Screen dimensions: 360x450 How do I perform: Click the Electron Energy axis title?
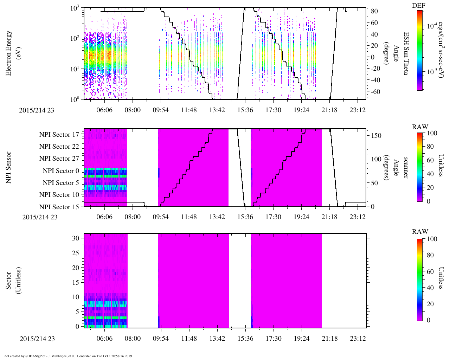9,53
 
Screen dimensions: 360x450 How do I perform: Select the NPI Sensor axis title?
9,167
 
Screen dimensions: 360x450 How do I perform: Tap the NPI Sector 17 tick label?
59,135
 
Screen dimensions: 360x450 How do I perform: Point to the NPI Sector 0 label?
61,171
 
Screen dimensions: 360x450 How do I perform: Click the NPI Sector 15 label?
59,207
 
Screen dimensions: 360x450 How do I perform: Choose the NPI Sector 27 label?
59,159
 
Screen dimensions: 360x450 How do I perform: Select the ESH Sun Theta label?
406,53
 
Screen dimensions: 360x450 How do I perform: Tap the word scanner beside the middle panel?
406,167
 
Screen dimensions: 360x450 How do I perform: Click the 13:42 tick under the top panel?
217,110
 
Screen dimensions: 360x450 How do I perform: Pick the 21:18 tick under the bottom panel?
329,339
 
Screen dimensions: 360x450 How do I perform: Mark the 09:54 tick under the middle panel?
161,217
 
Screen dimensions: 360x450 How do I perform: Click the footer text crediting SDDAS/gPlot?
68,356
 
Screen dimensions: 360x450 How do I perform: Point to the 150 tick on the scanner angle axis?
376,136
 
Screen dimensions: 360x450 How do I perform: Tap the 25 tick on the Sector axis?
75,253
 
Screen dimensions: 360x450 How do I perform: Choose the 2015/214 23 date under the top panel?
37,110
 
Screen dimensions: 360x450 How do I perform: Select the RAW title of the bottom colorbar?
420,232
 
